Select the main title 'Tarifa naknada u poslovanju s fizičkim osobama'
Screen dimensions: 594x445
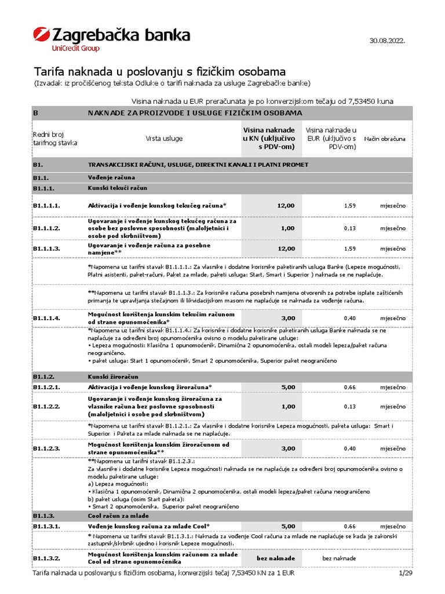(x=159, y=72)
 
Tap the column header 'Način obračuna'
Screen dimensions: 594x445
(x=385, y=139)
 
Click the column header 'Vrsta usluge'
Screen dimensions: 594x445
(x=164, y=139)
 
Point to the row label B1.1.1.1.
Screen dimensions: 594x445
(x=47, y=205)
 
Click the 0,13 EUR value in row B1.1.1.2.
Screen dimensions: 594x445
(x=349, y=228)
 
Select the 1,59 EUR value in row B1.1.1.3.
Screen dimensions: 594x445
(x=349, y=249)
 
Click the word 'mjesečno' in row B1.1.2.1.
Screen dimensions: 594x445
(x=393, y=387)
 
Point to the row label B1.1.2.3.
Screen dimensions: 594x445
(x=47, y=448)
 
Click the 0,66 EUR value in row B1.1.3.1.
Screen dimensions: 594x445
(x=349, y=526)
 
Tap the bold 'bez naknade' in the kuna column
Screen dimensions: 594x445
(x=276, y=558)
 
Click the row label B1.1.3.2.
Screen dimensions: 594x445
(x=47, y=558)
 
